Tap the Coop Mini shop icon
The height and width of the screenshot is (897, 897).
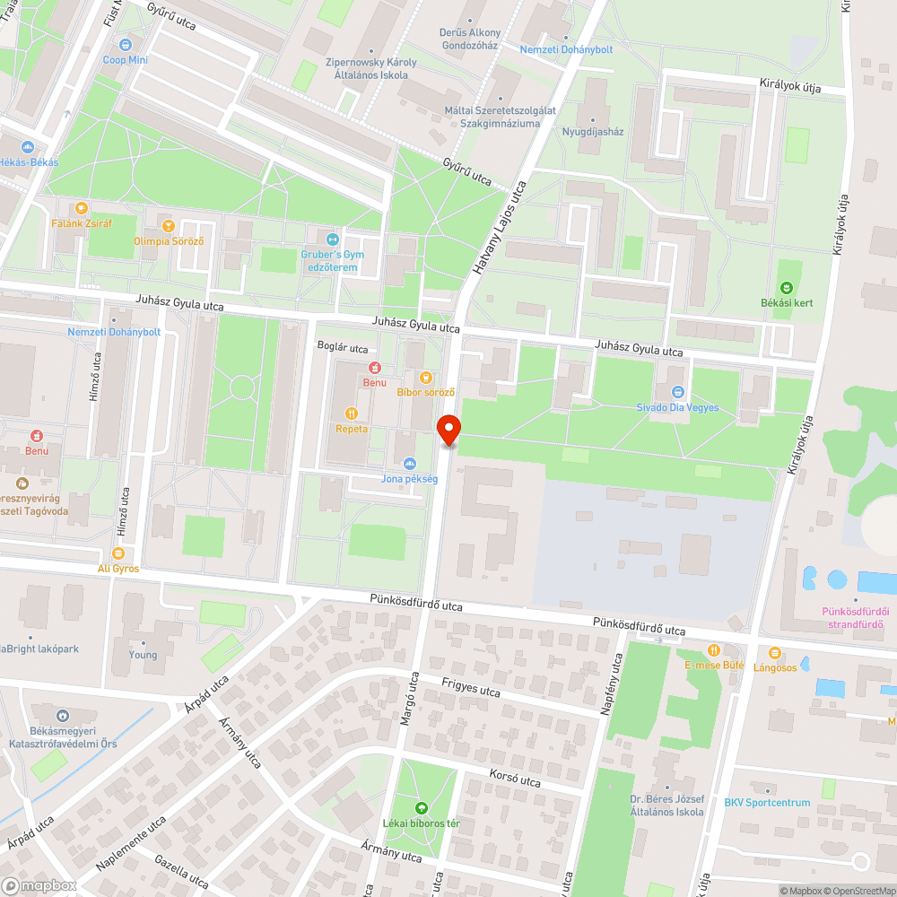tap(125, 43)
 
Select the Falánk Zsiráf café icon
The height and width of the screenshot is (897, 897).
tap(82, 207)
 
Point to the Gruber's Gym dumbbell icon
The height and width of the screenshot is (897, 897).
tap(332, 239)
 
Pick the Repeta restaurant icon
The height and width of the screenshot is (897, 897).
tap(351, 413)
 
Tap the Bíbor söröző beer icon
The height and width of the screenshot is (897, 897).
tap(426, 377)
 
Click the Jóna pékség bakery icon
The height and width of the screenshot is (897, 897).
tap(409, 463)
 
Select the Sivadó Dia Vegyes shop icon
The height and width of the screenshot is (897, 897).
tap(678, 391)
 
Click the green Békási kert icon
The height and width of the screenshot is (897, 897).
tap(786, 287)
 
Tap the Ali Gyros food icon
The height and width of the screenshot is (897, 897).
tap(118, 553)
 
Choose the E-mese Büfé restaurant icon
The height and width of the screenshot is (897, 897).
tap(714, 649)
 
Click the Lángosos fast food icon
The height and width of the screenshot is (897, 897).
tap(775, 652)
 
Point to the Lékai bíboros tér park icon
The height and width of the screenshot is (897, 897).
tap(422, 807)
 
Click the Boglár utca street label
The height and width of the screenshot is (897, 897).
tap(343, 348)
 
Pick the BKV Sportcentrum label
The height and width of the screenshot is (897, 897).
tap(767, 803)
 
